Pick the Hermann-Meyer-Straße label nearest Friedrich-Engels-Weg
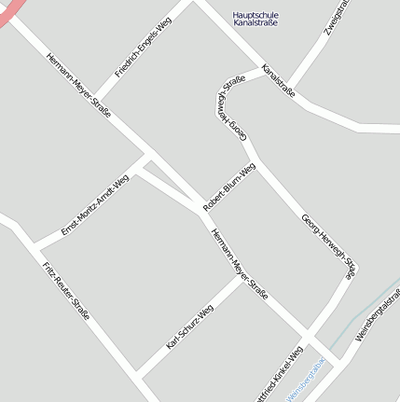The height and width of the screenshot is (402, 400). (x=78, y=83)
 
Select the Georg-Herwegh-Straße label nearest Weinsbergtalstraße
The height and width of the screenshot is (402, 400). (x=328, y=244)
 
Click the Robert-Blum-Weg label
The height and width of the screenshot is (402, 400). (x=229, y=186)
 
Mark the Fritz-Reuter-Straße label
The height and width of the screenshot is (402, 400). (x=66, y=292)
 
